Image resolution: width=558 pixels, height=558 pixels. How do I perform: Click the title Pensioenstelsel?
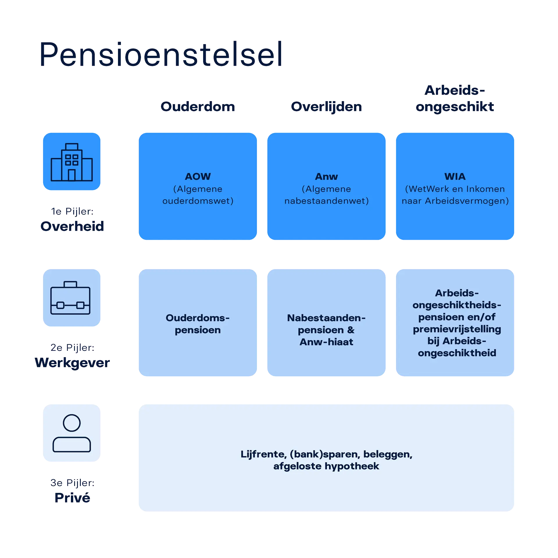pyautogui.click(x=160, y=54)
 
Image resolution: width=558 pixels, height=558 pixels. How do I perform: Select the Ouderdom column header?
pyautogui.click(x=198, y=107)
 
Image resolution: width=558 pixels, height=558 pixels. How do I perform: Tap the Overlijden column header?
pyautogui.click(x=327, y=107)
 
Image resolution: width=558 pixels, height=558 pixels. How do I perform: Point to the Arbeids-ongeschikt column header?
pyautogui.click(x=455, y=99)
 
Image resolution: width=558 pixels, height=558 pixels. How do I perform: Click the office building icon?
pyautogui.click(x=72, y=162)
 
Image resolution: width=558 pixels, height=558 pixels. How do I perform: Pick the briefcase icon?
pyautogui.click(x=71, y=298)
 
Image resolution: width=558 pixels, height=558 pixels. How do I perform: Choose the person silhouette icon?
pyautogui.click(x=72, y=433)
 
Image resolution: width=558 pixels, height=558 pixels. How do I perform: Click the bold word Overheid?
pyautogui.click(x=72, y=226)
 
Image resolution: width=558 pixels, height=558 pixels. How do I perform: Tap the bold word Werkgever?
pyautogui.click(x=72, y=362)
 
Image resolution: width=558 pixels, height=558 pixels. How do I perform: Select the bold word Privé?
pyautogui.click(x=72, y=498)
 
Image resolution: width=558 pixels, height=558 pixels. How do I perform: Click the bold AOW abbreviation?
pyautogui.click(x=198, y=176)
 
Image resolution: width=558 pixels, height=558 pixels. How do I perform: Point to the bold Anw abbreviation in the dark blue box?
pyautogui.click(x=326, y=176)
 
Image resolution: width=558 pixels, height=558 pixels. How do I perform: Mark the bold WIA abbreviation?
pyautogui.click(x=455, y=176)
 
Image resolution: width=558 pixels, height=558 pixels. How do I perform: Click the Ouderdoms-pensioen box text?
pyautogui.click(x=198, y=324)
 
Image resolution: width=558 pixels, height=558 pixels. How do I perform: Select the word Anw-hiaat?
pyautogui.click(x=326, y=342)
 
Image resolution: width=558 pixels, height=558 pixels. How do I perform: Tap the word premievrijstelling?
pyautogui.click(x=457, y=329)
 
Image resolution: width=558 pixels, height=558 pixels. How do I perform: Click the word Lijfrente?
pyautogui.click(x=263, y=454)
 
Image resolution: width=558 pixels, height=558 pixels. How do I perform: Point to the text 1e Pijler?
pyautogui.click(x=72, y=212)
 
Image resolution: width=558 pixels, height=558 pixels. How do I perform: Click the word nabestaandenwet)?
pyautogui.click(x=326, y=201)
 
